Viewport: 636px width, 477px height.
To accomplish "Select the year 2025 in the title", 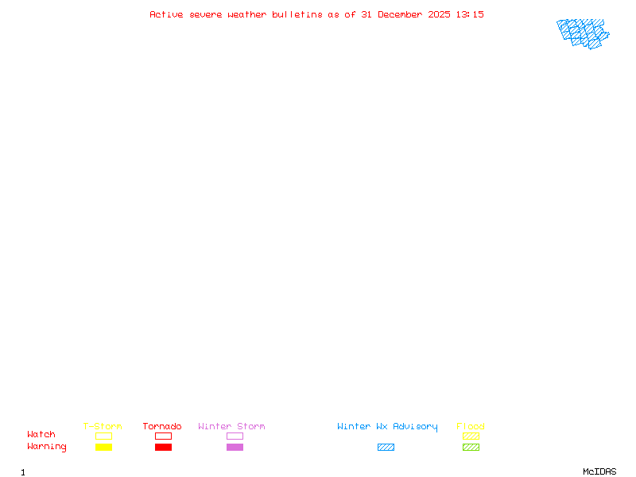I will tap(440, 14).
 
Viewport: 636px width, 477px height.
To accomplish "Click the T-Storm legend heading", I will tap(103, 427).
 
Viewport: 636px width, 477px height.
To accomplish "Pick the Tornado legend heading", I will tap(162, 427).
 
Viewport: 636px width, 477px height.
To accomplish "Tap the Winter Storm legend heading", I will tap(231, 427).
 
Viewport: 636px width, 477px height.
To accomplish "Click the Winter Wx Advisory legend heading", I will tap(387, 427).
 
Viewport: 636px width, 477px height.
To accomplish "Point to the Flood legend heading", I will tap(471, 427).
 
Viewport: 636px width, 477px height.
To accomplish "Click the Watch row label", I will tap(41, 435).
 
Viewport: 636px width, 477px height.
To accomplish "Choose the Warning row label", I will tap(47, 447).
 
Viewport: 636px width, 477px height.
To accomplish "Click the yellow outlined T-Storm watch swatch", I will tap(103, 436).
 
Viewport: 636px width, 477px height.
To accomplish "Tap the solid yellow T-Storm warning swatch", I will tap(103, 447).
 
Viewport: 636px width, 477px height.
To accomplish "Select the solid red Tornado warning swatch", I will tap(163, 447).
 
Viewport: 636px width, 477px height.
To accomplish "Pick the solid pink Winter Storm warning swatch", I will tap(235, 447).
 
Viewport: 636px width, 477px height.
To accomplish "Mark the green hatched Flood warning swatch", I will tap(471, 447).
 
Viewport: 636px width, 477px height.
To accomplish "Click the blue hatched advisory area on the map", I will tap(582, 33).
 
